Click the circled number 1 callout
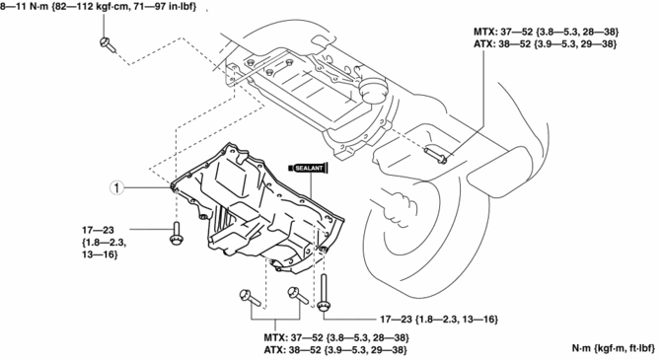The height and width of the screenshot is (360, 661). point(116,187)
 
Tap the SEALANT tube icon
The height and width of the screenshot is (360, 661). point(309,169)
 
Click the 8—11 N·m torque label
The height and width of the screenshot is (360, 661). point(99,7)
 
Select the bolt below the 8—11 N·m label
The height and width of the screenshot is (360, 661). point(108,44)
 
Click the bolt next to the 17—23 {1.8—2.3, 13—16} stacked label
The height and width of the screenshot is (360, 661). point(176,233)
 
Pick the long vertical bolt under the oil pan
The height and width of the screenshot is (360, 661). point(324,293)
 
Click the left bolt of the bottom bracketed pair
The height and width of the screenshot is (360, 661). point(250,298)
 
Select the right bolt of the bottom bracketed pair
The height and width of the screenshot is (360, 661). point(298,295)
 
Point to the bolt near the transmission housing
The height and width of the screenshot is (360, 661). point(435,154)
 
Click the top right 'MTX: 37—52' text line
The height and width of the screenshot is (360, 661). point(546,32)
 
